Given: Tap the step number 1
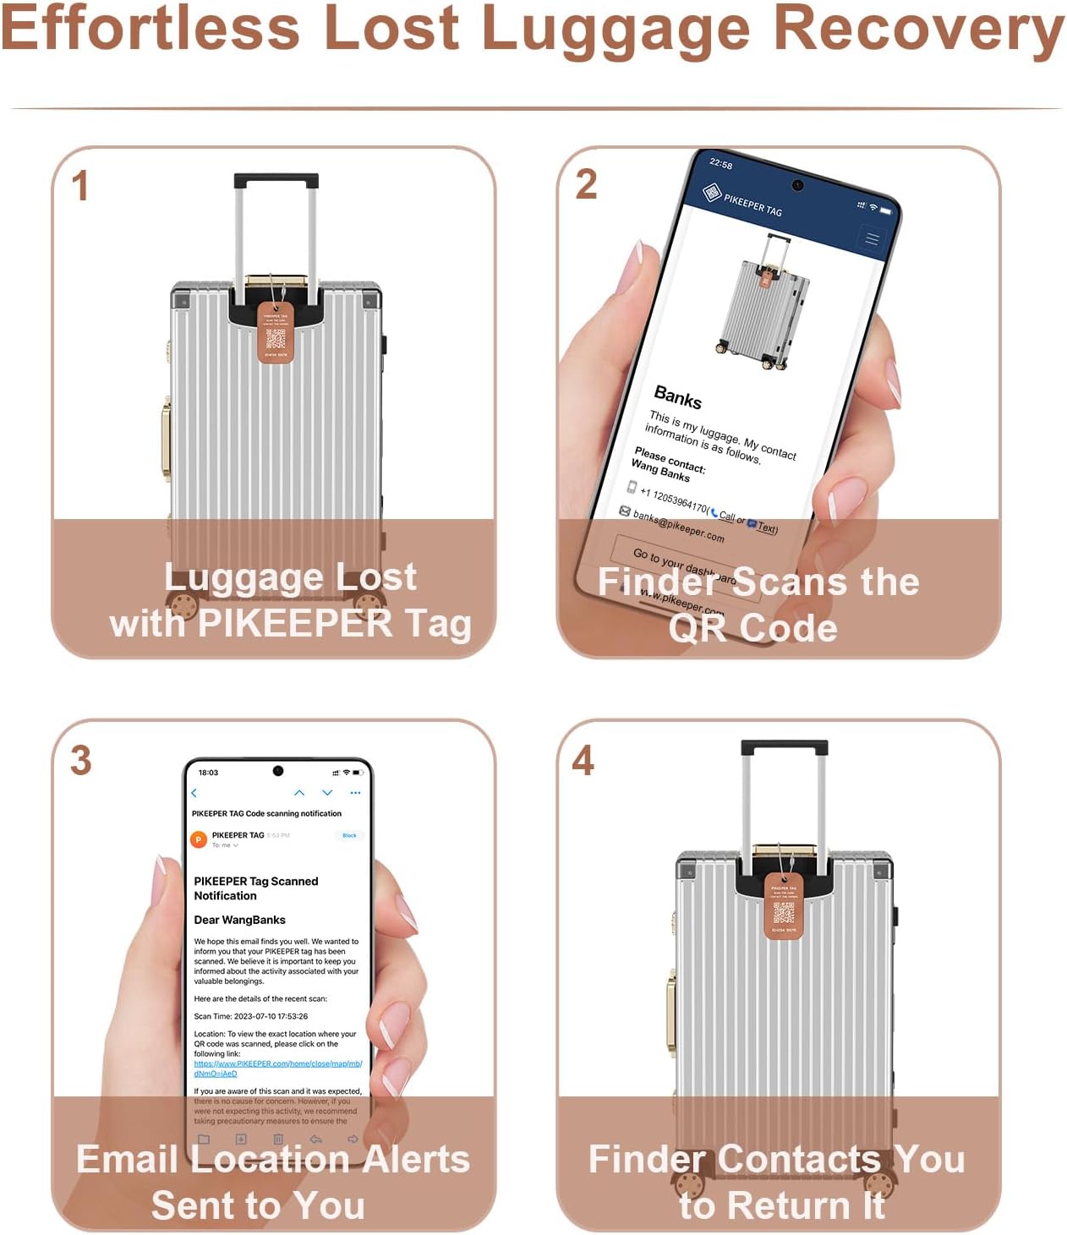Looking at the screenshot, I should (x=80, y=186).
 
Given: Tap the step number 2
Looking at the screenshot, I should (x=586, y=184).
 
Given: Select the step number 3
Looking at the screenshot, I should (x=80, y=760).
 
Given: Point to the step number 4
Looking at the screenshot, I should (x=583, y=760).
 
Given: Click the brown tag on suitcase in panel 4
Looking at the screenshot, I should (x=784, y=907).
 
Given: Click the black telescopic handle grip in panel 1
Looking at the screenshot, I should (x=276, y=181).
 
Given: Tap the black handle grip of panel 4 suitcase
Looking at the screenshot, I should (x=784, y=748).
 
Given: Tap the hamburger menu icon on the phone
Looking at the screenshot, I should (x=871, y=239).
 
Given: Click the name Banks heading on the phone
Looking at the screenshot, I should (x=677, y=396).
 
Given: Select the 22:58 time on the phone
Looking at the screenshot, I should (x=720, y=163).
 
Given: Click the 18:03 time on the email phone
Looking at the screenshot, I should (x=208, y=772).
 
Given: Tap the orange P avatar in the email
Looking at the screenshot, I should (x=199, y=839).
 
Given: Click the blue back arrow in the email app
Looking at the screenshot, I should (x=194, y=793).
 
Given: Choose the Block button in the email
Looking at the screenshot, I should (x=349, y=835).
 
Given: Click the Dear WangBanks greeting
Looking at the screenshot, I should (x=239, y=920).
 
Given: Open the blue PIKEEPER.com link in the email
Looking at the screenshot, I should (x=277, y=1063).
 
